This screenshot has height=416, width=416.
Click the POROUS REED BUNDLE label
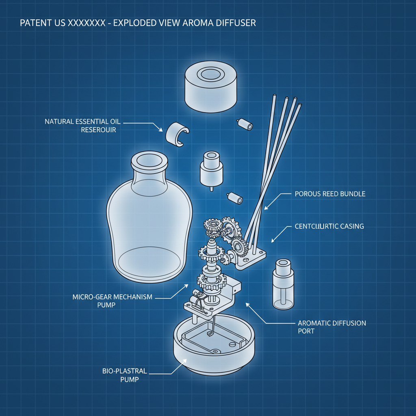pos(330,194)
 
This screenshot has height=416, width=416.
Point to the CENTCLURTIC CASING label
pos(329,226)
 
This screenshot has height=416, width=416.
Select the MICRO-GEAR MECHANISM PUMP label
pos(113,301)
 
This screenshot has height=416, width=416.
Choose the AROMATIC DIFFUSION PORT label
pos(332,327)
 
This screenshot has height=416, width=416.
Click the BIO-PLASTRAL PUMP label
pos(125,375)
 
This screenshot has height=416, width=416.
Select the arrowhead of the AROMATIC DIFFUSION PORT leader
pos(246,303)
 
